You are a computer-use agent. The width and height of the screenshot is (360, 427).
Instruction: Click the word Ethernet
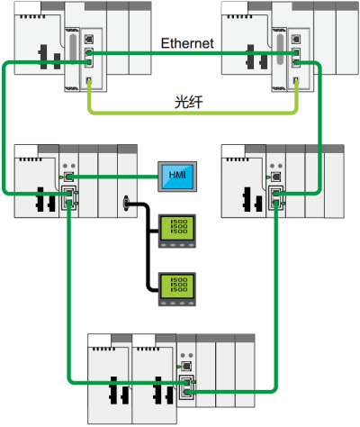(186, 42)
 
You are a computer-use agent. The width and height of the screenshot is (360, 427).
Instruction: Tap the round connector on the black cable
(127, 205)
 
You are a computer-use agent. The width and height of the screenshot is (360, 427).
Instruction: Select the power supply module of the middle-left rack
(34, 180)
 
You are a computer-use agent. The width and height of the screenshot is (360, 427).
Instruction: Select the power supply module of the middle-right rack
(243, 180)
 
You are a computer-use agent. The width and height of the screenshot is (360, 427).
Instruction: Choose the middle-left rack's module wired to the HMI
(68, 180)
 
